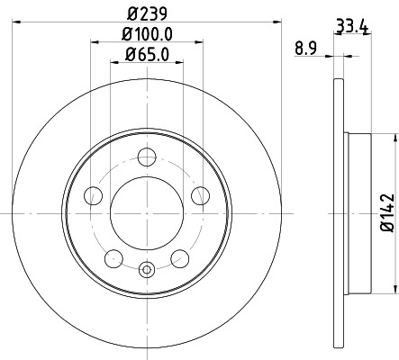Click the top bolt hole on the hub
point(146,157)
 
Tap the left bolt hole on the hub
point(92,196)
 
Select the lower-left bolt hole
point(113,258)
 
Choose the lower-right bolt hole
point(179,258)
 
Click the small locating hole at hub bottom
point(146,267)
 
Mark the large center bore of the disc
point(146,213)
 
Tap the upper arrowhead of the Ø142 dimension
point(394,139)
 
